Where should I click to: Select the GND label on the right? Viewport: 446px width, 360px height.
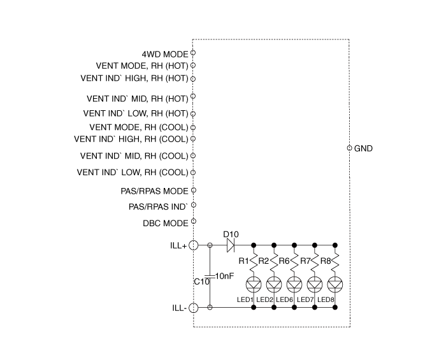click(364, 148)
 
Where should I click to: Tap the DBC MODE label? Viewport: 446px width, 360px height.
click(165, 224)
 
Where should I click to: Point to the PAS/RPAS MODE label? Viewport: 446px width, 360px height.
click(154, 191)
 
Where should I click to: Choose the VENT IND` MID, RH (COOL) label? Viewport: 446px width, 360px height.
click(134, 155)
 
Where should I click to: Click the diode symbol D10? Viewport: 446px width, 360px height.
click(231, 245)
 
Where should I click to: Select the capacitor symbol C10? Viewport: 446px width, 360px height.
click(211, 275)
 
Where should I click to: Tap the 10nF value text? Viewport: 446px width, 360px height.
click(226, 276)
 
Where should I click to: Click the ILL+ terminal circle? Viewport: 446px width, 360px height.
click(194, 245)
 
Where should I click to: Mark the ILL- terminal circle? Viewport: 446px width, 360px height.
click(194, 308)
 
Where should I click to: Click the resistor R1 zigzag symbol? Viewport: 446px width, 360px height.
click(254, 262)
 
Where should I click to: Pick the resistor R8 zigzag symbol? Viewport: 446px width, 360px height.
click(335, 262)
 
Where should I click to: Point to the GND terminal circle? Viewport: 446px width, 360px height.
click(349, 148)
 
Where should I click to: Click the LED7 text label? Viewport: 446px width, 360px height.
click(305, 299)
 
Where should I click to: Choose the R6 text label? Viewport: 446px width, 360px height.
click(284, 261)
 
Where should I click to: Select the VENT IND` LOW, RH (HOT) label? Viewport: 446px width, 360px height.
click(135, 113)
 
